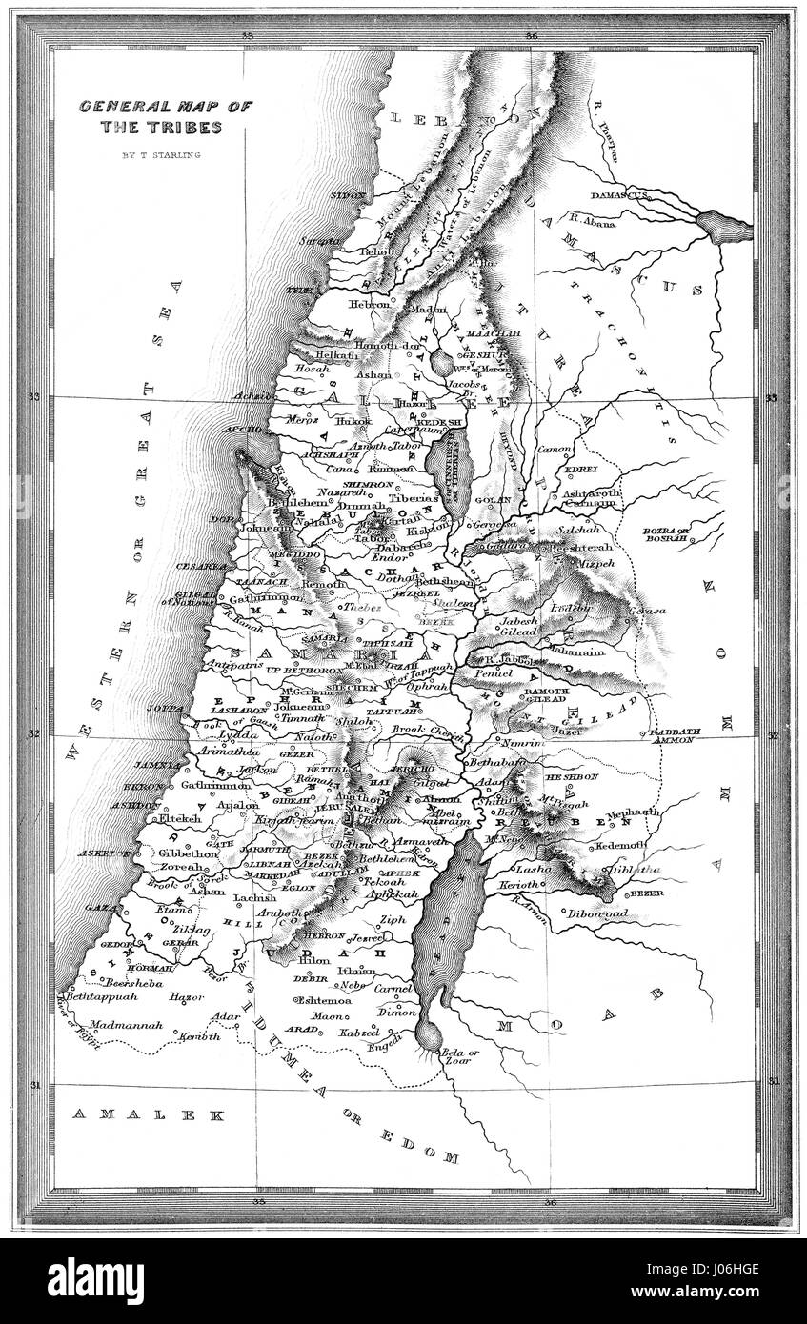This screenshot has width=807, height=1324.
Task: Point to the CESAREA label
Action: (199, 566)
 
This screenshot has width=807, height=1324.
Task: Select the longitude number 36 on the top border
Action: (531, 36)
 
